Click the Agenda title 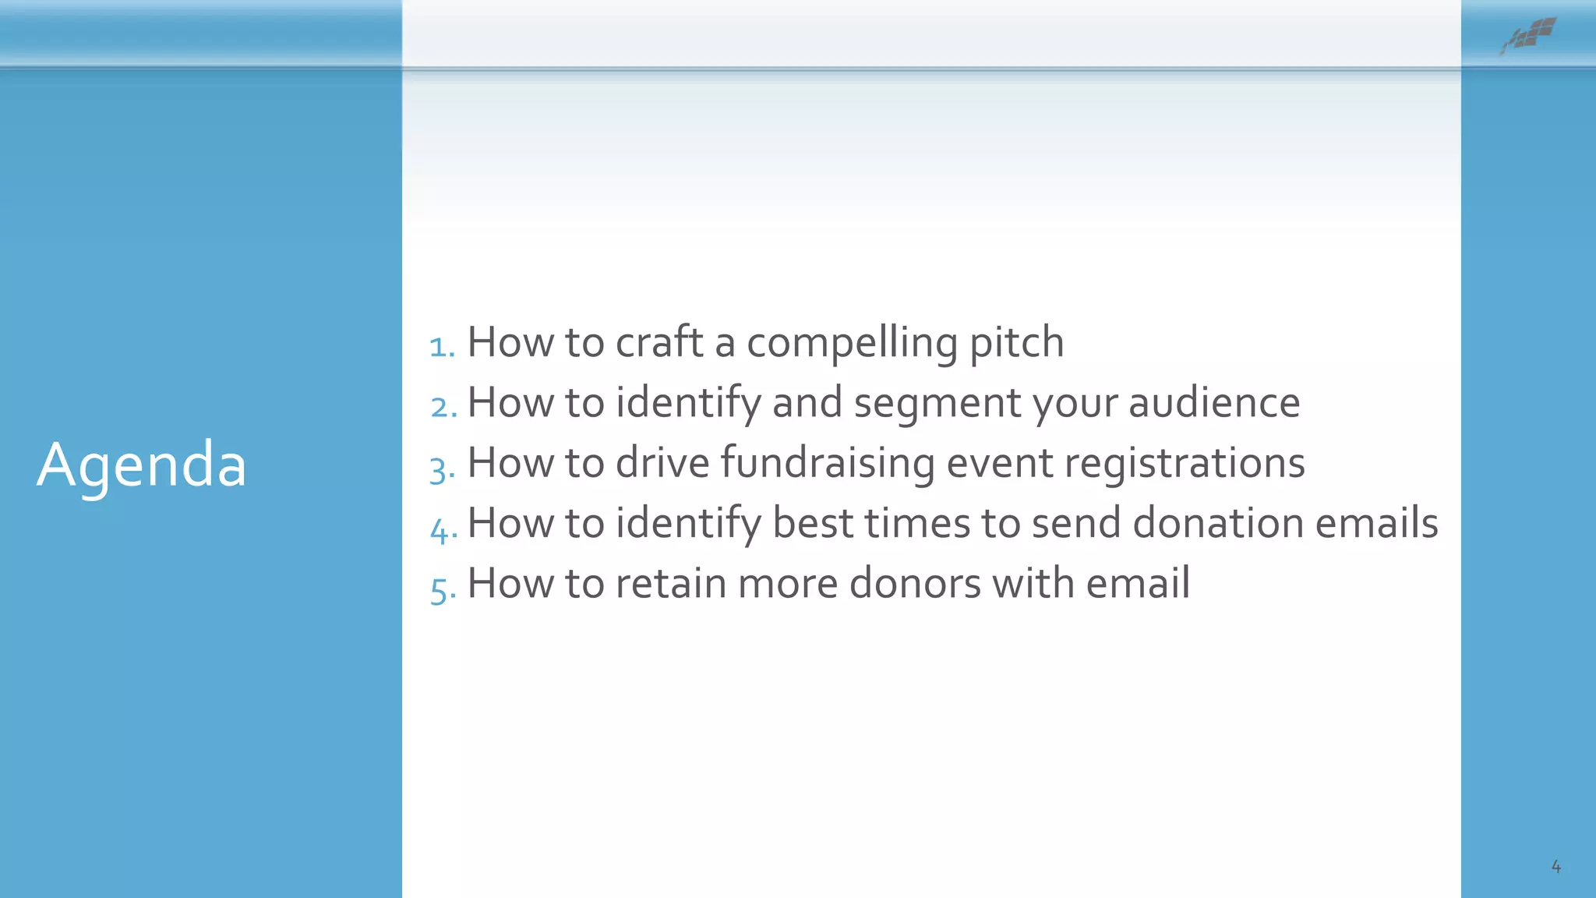[x=142, y=465]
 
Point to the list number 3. [x=442, y=468]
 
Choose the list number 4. [x=443, y=529]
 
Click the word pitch [x=1016, y=343]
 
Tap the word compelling [x=852, y=343]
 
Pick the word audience [x=1213, y=403]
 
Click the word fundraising [x=827, y=463]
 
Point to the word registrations [x=1184, y=463]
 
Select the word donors [x=915, y=583]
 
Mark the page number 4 [x=1555, y=866]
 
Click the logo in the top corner [x=1529, y=35]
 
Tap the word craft [x=659, y=343]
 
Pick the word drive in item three [x=662, y=463]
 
